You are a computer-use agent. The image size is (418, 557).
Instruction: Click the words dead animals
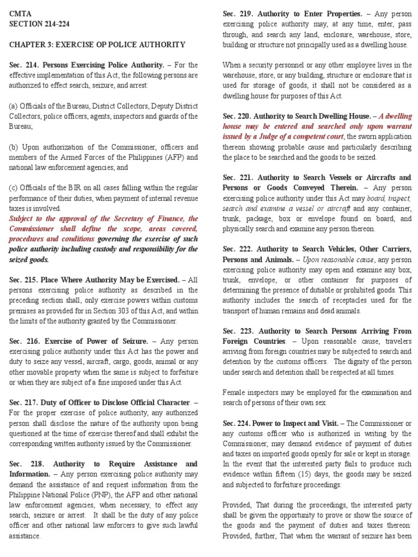pyautogui.click(x=340, y=311)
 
